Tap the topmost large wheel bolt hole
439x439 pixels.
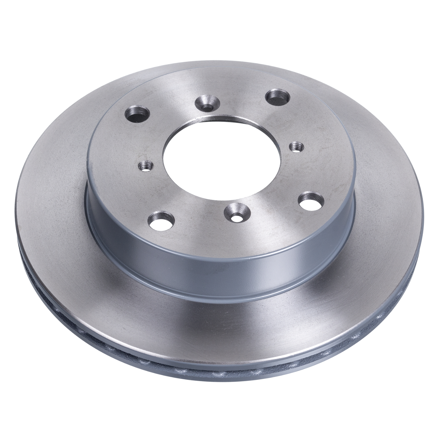(277, 97)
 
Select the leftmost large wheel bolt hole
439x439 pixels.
(137, 114)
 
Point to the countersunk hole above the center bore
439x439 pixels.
(208, 104)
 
